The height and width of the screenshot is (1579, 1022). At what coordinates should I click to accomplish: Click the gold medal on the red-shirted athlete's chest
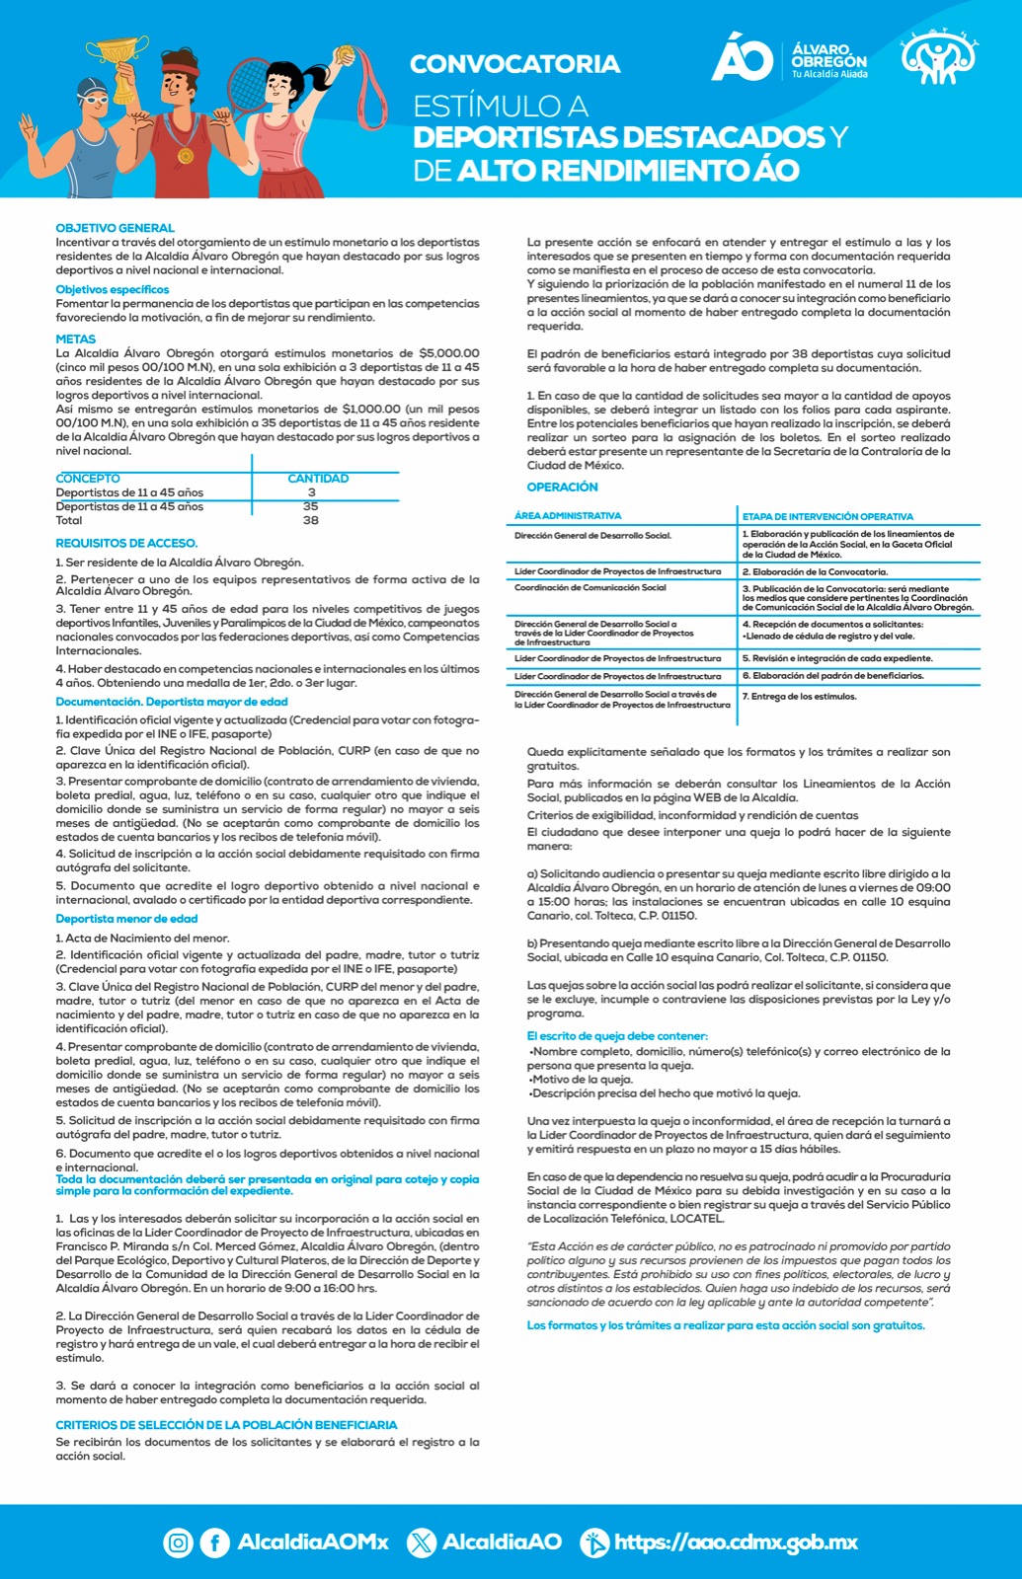point(186,155)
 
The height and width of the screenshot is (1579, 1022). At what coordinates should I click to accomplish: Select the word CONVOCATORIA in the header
point(514,64)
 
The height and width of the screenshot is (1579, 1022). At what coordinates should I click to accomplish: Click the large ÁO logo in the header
point(742,57)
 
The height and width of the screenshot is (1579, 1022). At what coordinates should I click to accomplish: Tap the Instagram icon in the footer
point(178,1541)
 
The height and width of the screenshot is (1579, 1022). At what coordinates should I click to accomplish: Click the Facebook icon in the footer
point(214,1541)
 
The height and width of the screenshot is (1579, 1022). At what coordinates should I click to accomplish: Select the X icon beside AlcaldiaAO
point(422,1541)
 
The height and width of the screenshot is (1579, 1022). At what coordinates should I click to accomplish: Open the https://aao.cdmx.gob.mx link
point(736,1541)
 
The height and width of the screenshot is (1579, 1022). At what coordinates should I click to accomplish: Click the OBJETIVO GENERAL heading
point(115,228)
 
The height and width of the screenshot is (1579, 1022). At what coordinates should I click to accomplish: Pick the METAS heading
point(76,338)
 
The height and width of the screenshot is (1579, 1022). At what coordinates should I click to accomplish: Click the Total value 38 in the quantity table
point(311,520)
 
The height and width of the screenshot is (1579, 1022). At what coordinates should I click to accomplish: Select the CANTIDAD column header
point(318,479)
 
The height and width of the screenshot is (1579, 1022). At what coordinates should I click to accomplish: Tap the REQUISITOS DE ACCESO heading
point(126,543)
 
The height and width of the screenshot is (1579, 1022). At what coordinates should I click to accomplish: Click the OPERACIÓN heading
point(562,487)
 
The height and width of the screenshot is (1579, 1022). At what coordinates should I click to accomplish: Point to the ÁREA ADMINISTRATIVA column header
point(568,516)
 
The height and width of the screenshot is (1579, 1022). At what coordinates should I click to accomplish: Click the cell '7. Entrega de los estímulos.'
point(799,697)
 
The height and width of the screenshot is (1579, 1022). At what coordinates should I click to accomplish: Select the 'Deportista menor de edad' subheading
point(126,919)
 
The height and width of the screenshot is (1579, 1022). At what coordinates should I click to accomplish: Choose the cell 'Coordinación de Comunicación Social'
point(590,588)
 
